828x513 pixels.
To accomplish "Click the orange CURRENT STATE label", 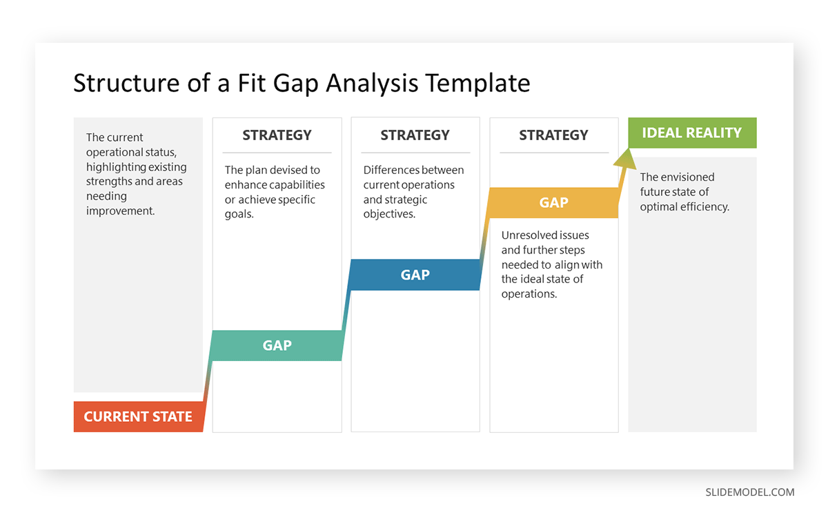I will point(138,416).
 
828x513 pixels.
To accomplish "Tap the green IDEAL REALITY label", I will point(691,133).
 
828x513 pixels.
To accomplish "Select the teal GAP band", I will point(277,345).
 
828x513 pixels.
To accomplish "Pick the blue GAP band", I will point(415,275).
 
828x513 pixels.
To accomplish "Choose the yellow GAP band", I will point(553,202).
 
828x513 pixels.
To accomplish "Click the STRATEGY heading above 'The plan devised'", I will point(277,135).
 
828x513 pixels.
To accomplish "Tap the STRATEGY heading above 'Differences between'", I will point(415,135).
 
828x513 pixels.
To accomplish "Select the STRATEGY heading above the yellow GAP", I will point(553,135).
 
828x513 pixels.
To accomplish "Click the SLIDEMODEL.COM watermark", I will point(749,492).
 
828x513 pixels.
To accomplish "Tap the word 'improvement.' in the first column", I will point(120,211).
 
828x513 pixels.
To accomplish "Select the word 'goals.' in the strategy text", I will point(239,214).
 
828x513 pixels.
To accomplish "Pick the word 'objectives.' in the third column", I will point(389,214).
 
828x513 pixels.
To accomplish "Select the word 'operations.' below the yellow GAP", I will point(529,293).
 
